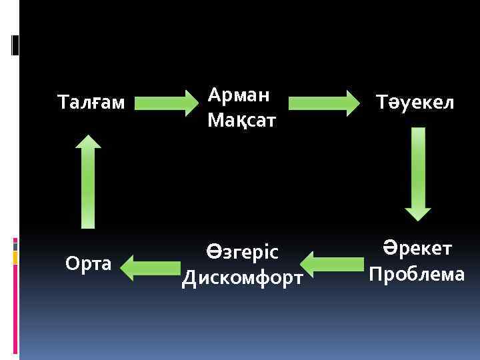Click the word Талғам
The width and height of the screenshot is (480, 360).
(91, 103)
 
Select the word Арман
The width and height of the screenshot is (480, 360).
(239, 95)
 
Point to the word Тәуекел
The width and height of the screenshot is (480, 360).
(414, 103)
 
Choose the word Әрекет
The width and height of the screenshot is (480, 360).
(417, 249)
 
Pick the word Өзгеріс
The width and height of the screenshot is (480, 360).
(241, 252)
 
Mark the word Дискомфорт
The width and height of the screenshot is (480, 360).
(243, 277)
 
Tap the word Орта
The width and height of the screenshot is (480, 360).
(88, 264)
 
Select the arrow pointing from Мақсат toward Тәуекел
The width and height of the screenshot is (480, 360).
(324, 103)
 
